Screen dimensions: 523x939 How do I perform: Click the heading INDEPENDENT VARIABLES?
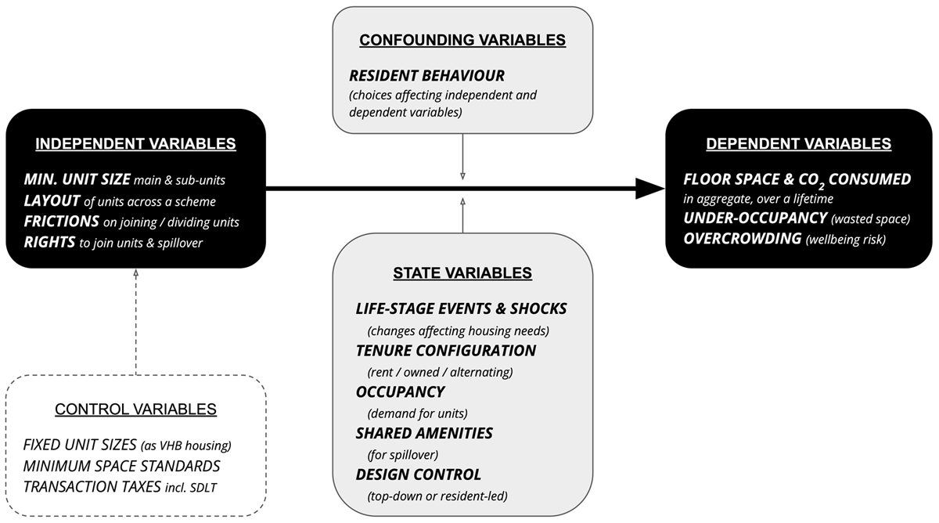pyautogui.click(x=135, y=144)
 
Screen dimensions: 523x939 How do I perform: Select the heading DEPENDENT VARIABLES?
pyautogui.click(x=798, y=144)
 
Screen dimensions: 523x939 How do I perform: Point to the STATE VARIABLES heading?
pyautogui.click(x=463, y=273)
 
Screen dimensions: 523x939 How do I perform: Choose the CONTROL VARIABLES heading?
pyautogui.click(x=135, y=409)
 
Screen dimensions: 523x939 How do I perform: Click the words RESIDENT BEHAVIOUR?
pyautogui.click(x=427, y=76)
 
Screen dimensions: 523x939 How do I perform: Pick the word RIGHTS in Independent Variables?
pyautogui.click(x=49, y=243)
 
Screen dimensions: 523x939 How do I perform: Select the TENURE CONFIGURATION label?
pyautogui.click(x=446, y=350)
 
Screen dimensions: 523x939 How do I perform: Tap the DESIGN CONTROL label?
pyautogui.click(x=419, y=474)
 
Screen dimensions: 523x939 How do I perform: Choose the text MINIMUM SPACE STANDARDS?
pyautogui.click(x=121, y=466)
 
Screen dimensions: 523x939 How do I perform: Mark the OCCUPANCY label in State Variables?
pyautogui.click(x=401, y=391)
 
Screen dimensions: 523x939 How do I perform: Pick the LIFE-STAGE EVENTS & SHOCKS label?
pyautogui.click(x=461, y=308)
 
